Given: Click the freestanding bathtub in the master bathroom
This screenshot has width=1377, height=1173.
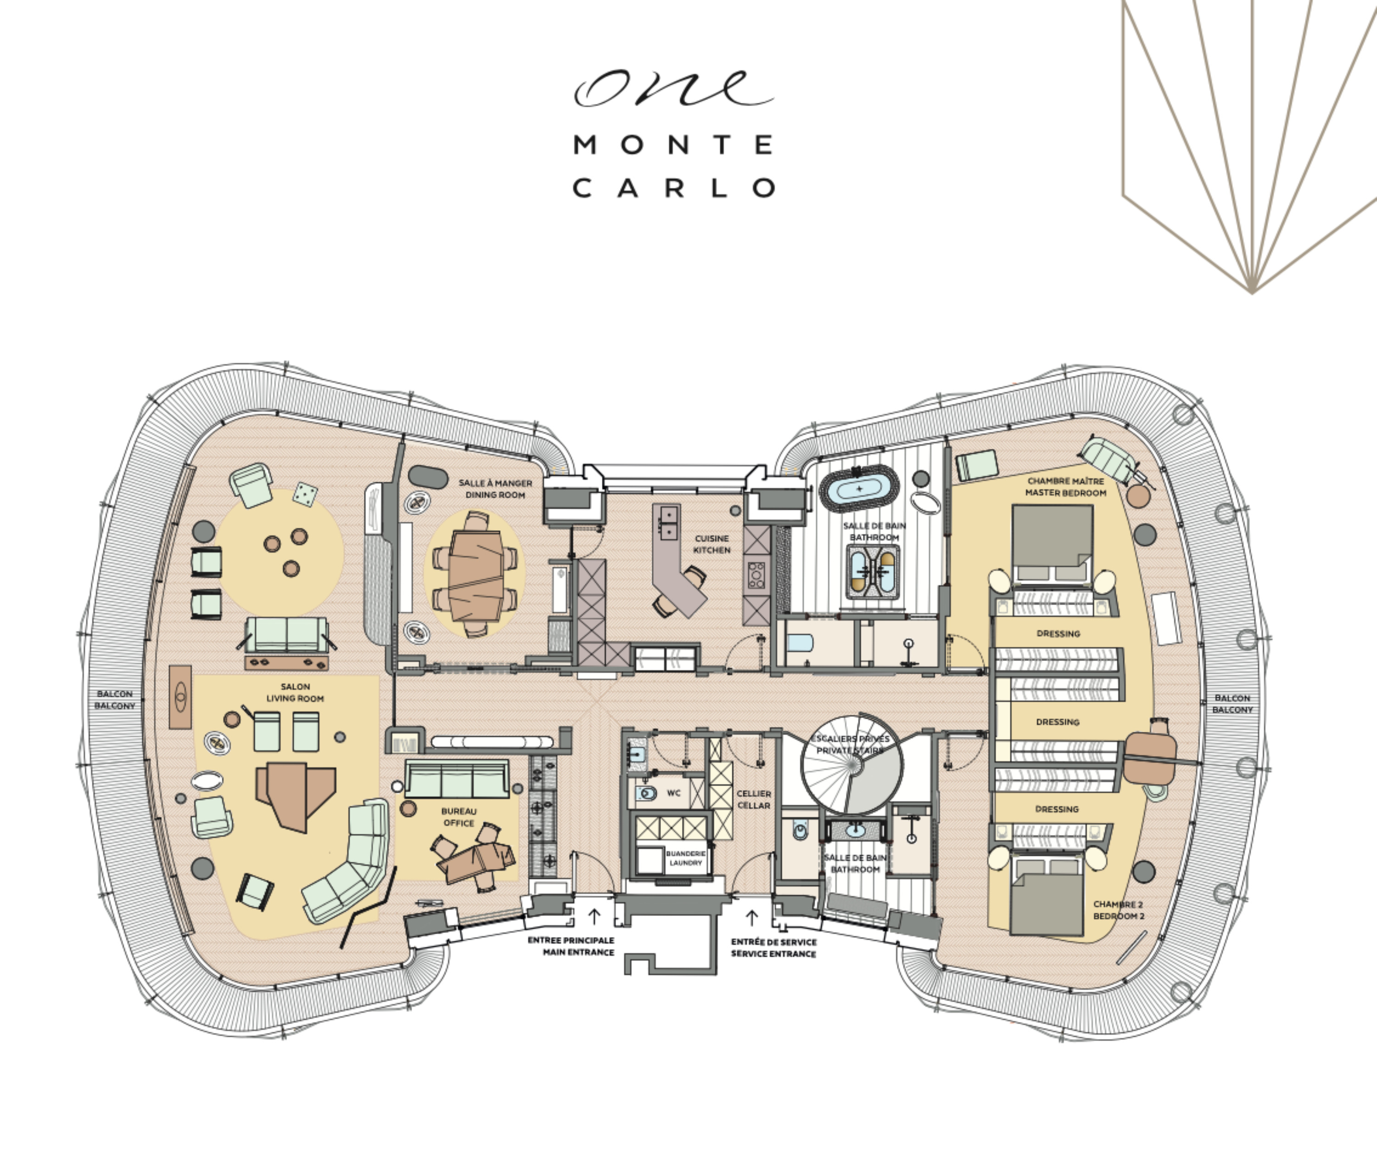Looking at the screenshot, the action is pos(859,488).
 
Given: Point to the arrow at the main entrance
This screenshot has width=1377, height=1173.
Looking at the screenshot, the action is pos(594,916).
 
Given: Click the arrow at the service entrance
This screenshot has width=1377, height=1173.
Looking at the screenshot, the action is pos(752,918).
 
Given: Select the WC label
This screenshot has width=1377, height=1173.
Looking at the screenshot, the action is pos(673,793).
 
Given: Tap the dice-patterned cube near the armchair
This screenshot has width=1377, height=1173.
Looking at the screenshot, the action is pos(305,493).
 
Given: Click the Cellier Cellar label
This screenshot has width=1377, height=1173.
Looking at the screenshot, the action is pos(754,799).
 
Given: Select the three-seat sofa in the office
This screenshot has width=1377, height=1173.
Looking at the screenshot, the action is pos(457,780).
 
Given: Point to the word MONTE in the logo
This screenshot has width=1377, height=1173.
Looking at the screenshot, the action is pos(673,145).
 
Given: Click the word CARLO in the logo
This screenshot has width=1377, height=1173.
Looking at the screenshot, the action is pos(674,188).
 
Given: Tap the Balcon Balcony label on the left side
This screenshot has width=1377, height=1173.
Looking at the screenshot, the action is pos(114,700).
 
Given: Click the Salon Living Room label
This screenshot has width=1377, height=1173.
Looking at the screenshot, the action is pos(295,692).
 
